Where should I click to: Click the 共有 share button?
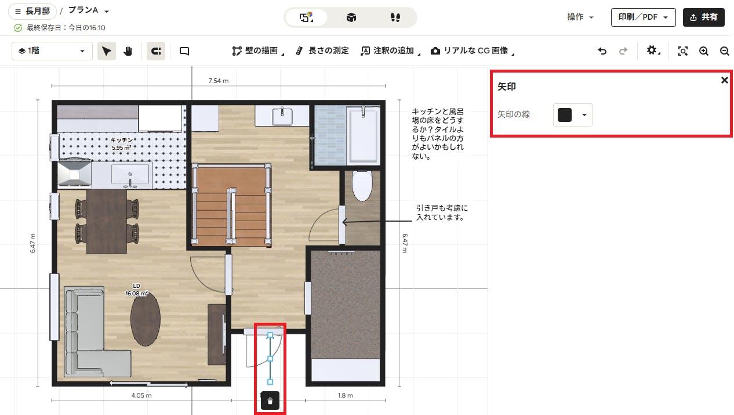coord(703,17)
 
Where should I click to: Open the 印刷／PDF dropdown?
coord(643,17)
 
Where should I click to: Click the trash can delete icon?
coord(270,400)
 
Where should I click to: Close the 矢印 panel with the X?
coord(725,80)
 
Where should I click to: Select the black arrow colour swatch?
coord(565,115)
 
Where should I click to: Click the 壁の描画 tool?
coord(258,51)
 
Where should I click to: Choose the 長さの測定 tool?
coord(322,51)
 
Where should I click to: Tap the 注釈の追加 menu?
coord(390,51)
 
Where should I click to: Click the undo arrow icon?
coord(602,51)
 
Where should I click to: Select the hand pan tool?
coord(128,51)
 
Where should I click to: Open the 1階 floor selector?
coord(52,51)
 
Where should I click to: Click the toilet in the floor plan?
coord(362,186)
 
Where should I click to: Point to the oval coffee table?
coord(146,319)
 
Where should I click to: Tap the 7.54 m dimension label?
coord(219,81)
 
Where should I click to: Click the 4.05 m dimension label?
coord(141,395)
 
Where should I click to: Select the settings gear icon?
coord(652,50)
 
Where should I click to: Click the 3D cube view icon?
coord(351,17)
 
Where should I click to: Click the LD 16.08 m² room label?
coord(136,290)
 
